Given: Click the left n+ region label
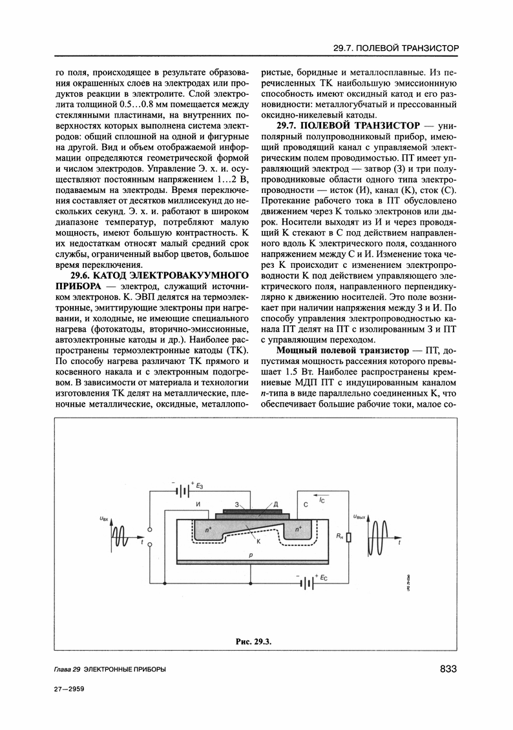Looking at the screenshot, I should tap(208, 529).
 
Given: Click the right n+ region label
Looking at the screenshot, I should tap(298, 529).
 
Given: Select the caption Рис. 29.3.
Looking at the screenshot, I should tap(255, 640).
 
